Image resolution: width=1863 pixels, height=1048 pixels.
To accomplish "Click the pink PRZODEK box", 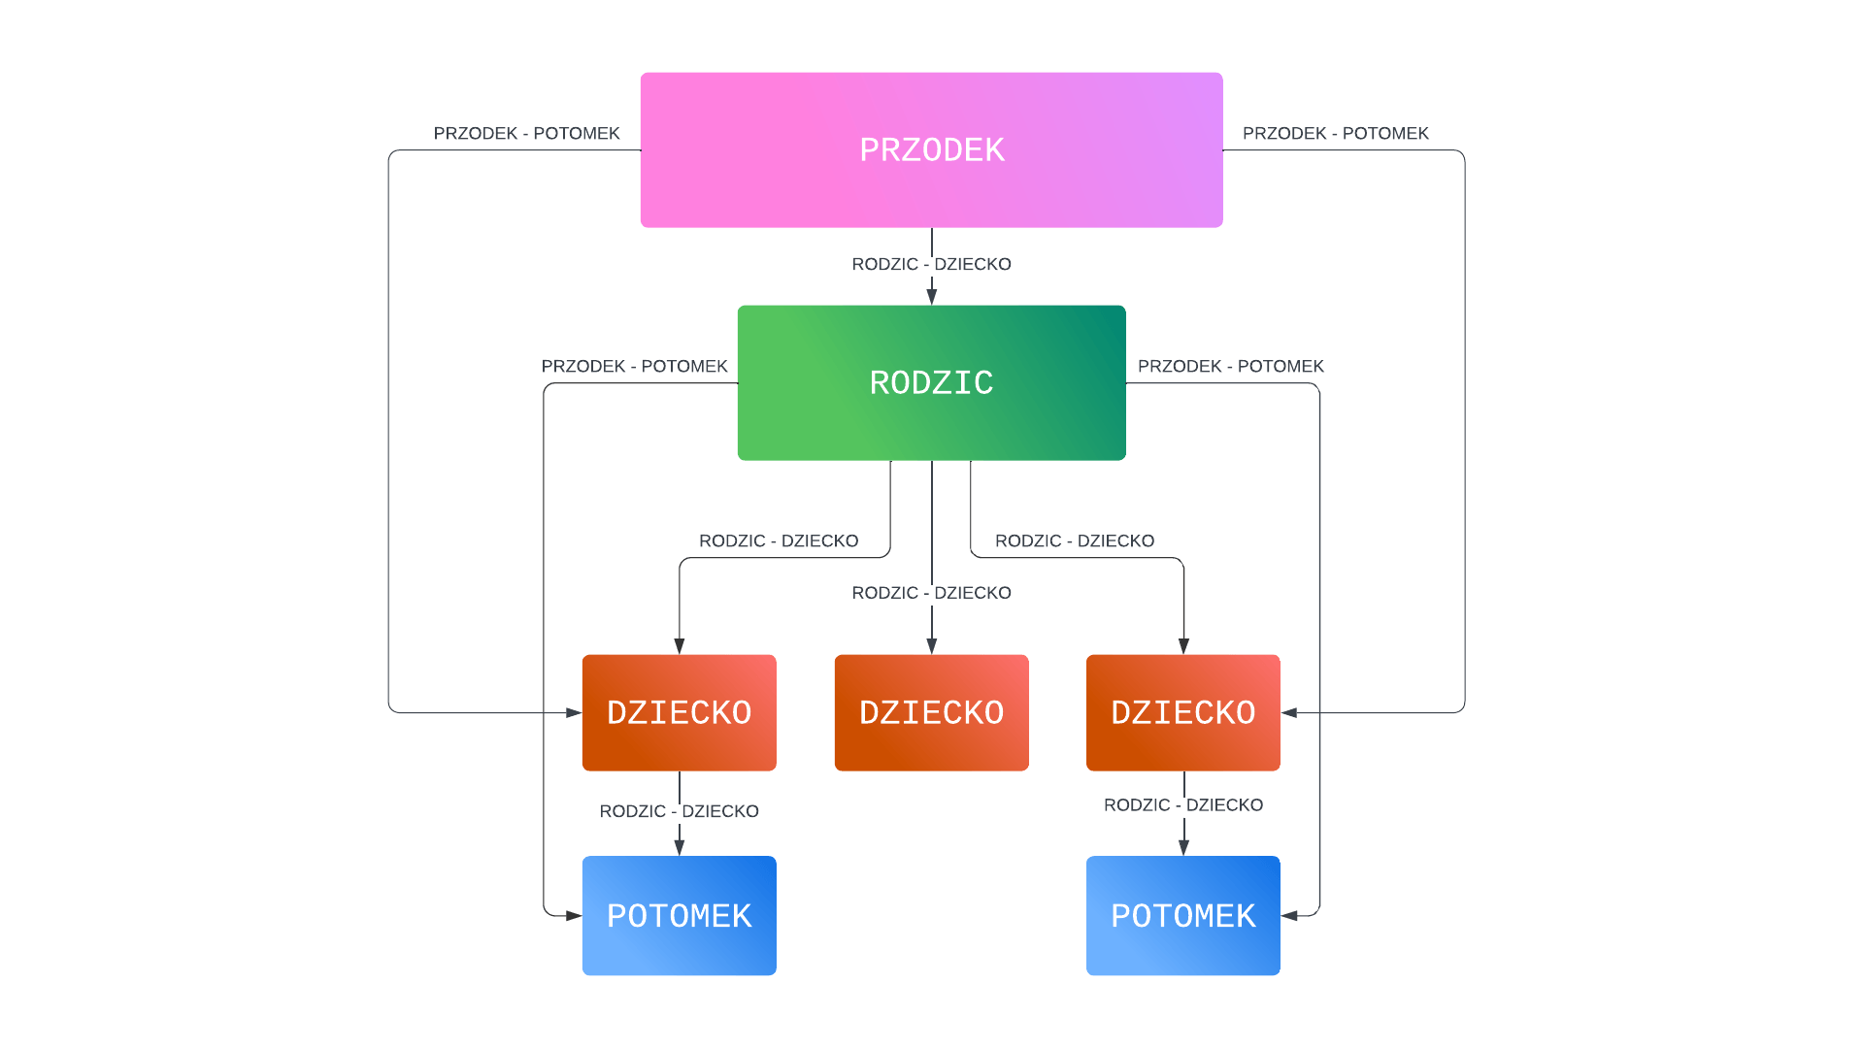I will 931,149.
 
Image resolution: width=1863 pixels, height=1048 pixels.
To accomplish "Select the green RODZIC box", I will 931,382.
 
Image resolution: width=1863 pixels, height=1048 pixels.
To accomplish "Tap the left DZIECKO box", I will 679,712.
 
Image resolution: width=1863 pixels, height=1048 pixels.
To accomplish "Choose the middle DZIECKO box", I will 931,712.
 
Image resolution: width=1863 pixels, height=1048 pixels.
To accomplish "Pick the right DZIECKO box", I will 1182,712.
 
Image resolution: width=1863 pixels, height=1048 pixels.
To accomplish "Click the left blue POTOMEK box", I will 679,915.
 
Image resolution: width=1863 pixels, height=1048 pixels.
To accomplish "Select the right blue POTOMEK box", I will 1182,915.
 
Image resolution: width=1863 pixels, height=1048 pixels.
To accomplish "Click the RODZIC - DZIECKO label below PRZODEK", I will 931,264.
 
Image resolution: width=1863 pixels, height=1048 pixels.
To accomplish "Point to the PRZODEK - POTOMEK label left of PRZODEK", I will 526,133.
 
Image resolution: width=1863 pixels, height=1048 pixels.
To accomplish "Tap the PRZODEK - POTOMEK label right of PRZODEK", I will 1335,133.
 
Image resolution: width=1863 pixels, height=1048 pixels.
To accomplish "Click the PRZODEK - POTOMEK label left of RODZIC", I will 634,366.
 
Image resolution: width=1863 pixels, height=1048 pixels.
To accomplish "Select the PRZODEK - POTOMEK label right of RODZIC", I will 1230,366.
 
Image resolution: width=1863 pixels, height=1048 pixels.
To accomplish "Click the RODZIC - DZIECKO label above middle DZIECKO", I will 931,593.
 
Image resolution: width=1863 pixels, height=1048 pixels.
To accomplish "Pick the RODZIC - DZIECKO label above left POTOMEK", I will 679,811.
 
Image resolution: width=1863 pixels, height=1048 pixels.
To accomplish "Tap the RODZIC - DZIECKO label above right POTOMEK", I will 1182,805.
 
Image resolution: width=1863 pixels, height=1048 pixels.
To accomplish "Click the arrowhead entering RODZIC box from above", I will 931,297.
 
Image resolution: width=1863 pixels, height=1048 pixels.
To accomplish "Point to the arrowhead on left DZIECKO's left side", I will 574,712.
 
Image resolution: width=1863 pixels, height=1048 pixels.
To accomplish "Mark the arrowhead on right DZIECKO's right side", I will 1289,712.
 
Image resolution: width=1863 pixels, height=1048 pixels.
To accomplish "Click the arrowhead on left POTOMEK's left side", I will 574,915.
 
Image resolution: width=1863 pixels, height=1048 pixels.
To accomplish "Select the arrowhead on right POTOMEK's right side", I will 1289,915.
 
